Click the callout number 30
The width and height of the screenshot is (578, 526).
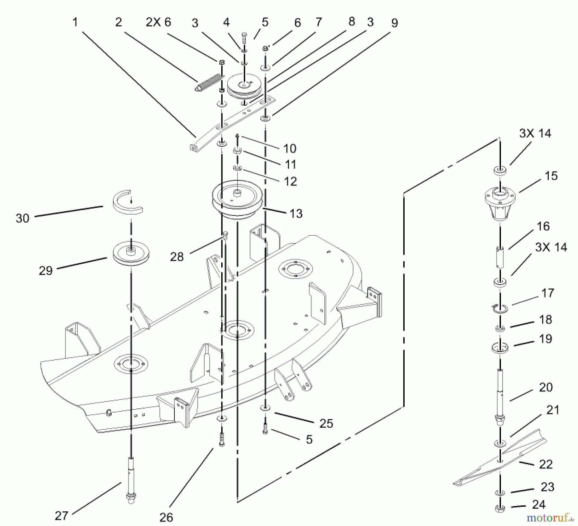[x=22, y=218]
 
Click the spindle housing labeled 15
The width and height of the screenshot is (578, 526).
[x=500, y=204]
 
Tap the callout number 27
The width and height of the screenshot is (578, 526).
[x=61, y=516]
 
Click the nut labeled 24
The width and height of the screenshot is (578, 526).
[x=500, y=508]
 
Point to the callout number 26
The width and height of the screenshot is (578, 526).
[x=166, y=517]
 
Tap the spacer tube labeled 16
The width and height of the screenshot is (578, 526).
[x=500, y=257]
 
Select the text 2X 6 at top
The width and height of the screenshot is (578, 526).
[x=159, y=22]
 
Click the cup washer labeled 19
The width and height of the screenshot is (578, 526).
[x=500, y=348]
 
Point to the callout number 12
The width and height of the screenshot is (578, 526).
[x=290, y=181]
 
